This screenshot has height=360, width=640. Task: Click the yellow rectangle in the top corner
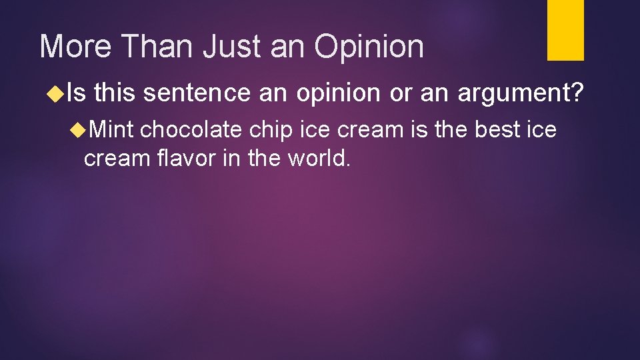pyautogui.click(x=565, y=30)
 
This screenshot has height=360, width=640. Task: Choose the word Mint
pyautogui.click(x=111, y=129)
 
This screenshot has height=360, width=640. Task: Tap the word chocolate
pyautogui.click(x=191, y=129)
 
